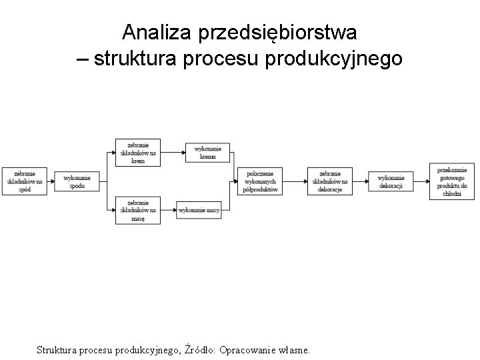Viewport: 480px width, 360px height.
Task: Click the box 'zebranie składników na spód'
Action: point(25,181)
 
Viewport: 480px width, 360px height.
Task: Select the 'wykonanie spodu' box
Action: point(77,181)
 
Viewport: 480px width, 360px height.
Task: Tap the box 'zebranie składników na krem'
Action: point(138,152)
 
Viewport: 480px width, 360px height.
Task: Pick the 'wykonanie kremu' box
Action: point(208,152)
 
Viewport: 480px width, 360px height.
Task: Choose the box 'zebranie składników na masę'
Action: point(138,210)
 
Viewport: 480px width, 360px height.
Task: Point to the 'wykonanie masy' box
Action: point(199,210)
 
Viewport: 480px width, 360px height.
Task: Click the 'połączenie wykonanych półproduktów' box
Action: point(260,181)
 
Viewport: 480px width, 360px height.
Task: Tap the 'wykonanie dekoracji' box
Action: point(391,181)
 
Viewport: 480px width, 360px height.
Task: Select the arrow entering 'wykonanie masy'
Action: point(168,210)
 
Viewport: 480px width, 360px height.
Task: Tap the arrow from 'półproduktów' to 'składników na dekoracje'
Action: point(295,181)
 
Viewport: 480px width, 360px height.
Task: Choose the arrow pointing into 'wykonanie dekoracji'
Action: point(359,181)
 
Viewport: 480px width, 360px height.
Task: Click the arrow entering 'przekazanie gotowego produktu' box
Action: point(421,181)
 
